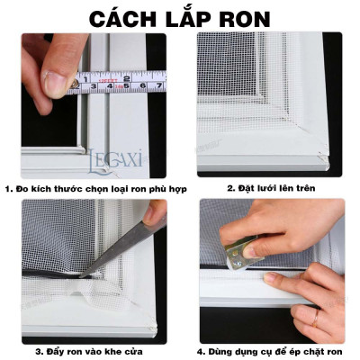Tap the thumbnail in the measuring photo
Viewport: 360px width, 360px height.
pyautogui.click(x=56, y=84)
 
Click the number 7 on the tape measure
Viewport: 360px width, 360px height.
pyautogui.click(x=159, y=86)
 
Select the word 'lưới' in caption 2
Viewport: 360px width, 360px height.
pyautogui.click(x=262, y=190)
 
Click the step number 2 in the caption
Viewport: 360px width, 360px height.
pyautogui.click(x=229, y=190)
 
